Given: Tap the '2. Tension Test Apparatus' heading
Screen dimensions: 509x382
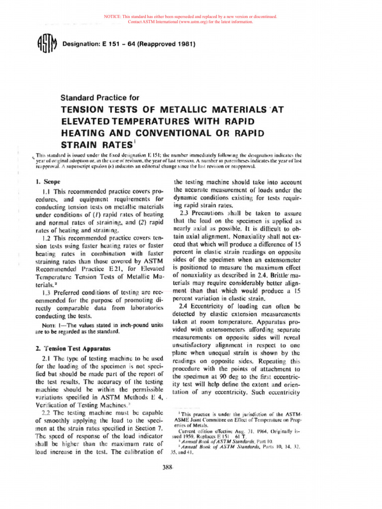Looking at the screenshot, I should pyautogui.click(x=73, y=348).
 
